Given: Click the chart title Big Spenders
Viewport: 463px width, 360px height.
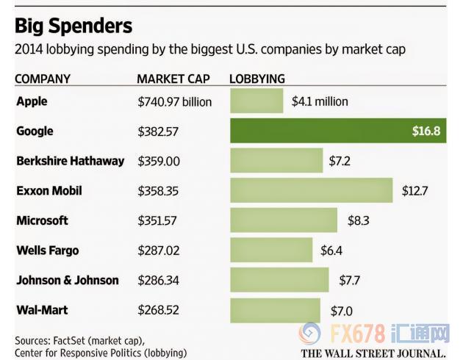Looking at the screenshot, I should pos(73,26).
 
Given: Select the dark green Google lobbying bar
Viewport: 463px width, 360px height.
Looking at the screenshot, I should pos(338,131).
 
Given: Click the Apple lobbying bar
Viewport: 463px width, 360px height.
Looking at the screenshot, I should pos(256,101).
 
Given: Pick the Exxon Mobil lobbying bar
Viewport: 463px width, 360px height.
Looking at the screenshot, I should pos(312,190).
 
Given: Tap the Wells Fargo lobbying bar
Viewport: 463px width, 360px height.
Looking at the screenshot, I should pos(271,251).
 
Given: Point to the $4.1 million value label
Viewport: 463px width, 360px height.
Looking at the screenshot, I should pos(320,101).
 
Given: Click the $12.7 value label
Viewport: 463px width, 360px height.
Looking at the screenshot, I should pos(414,190).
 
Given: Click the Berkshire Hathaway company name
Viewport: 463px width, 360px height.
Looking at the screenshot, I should pos(71,161).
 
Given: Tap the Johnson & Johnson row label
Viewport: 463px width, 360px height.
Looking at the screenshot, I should pos(68,280).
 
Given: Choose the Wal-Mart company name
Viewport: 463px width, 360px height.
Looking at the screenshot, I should pos(43,309).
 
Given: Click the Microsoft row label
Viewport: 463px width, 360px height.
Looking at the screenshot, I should pos(43,220).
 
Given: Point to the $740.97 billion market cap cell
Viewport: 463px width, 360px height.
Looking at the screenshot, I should pos(174,101).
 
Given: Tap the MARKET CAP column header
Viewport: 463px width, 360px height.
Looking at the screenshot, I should pos(173,79).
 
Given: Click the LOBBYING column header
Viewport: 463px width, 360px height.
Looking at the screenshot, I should pos(257,79).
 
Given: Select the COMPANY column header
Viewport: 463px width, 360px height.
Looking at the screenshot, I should pos(43,79).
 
